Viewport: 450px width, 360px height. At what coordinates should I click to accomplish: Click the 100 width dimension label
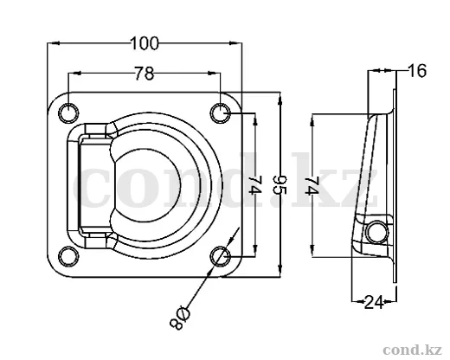click(145, 43)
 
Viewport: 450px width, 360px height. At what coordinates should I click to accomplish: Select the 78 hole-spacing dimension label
click(145, 74)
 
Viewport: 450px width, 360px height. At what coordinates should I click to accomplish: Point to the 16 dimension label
click(417, 71)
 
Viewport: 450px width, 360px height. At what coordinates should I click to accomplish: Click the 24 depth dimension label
click(374, 302)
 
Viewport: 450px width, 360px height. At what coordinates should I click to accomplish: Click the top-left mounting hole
click(68, 112)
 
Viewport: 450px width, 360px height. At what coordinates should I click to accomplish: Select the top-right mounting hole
click(221, 112)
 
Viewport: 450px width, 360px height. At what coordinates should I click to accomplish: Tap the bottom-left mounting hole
click(68, 256)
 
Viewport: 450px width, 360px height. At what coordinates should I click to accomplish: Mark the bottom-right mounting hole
click(221, 256)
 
